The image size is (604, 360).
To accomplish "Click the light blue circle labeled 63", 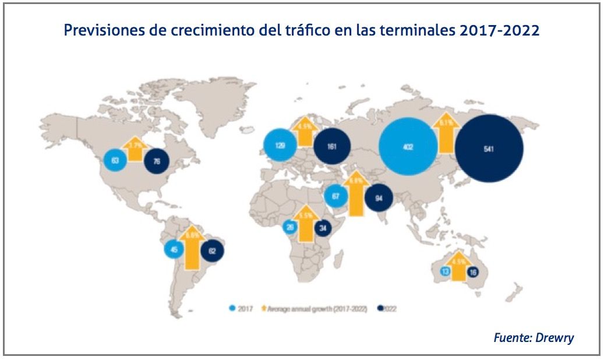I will [115, 160].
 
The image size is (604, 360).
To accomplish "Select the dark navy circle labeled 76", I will [156, 161].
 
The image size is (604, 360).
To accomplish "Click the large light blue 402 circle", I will [408, 147].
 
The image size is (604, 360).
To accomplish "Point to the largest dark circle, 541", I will [489, 149].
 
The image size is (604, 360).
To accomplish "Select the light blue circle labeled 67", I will [335, 196].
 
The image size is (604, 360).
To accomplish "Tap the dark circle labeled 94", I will [378, 199].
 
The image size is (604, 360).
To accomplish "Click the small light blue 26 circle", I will [289, 227].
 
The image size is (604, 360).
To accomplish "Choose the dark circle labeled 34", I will [322, 228].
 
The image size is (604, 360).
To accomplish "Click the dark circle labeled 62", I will [212, 252].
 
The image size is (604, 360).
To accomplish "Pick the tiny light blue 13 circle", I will [444, 271].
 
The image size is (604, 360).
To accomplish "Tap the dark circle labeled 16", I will [473, 271].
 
